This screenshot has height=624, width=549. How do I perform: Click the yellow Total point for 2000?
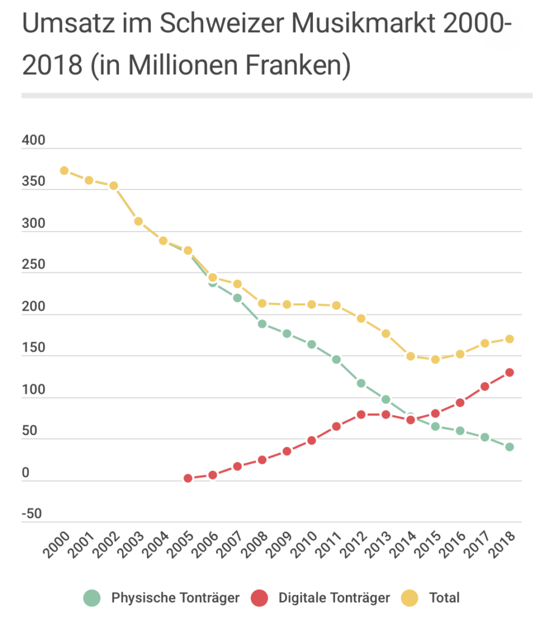[64, 171]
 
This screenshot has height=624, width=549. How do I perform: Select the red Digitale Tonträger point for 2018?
[510, 372]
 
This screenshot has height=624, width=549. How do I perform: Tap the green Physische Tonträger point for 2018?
[510, 447]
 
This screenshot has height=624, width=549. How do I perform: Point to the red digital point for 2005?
[188, 478]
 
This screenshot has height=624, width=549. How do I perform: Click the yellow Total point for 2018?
[510, 339]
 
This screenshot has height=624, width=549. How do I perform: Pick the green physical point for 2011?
[336, 360]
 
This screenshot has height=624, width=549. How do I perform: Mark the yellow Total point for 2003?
[138, 221]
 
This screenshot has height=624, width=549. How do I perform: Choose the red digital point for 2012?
[361, 414]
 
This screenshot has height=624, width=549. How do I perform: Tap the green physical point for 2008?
[262, 324]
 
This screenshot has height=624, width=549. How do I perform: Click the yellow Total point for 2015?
[436, 360]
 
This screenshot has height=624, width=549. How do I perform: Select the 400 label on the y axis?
[34, 141]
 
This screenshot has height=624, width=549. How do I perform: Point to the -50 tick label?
[32, 514]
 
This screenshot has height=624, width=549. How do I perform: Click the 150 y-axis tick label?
[34, 349]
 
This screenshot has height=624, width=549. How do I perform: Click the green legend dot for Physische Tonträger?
[91, 598]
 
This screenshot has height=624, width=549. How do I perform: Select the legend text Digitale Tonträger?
[334, 598]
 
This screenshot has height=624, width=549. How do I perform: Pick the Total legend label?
[445, 598]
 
